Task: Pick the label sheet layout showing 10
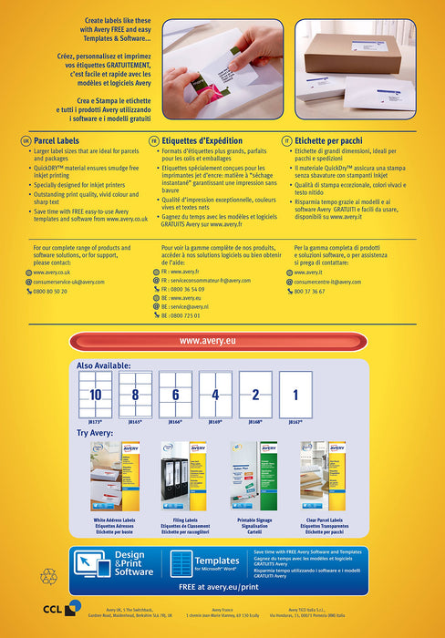point(96,394)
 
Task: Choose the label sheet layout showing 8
point(135,394)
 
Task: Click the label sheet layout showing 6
point(175,394)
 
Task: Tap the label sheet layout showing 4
point(215,394)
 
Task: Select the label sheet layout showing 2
point(255,394)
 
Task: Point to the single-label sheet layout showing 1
point(295,394)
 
